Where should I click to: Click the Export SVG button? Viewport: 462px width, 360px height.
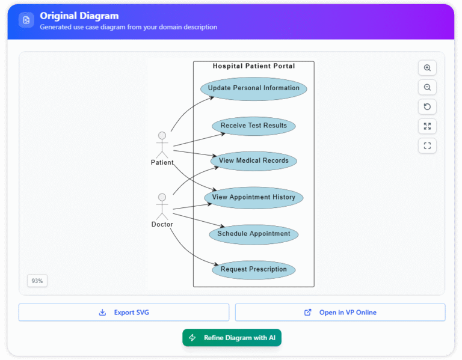[124, 313]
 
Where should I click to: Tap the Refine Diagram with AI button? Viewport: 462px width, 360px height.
[232, 338]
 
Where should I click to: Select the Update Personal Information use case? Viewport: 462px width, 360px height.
[253, 88]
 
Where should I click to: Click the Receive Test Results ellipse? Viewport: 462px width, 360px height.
[253, 126]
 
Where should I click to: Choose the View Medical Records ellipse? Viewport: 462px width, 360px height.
[253, 160]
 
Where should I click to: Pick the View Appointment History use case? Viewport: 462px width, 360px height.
[253, 197]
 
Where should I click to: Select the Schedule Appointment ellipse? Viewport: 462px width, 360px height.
[253, 234]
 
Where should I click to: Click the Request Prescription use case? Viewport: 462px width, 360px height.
[253, 269]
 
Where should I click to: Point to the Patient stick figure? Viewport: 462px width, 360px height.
[161, 144]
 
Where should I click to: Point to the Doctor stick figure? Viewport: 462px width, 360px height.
[161, 206]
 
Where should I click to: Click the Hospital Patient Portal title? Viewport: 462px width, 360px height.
[253, 66]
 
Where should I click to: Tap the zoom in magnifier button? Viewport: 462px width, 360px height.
[427, 68]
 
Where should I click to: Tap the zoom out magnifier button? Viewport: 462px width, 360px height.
[427, 87]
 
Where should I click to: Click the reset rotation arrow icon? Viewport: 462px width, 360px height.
[427, 107]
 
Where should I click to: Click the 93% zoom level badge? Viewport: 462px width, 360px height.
[37, 281]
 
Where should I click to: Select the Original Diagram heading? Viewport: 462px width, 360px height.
[79, 16]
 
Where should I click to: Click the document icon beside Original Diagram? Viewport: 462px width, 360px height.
[26, 20]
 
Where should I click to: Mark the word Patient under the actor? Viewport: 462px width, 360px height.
[162, 162]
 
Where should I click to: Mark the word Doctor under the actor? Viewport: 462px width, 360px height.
[162, 224]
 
